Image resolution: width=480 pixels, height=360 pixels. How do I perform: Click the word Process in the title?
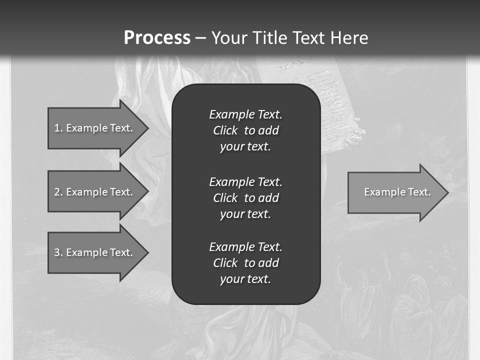click(157, 38)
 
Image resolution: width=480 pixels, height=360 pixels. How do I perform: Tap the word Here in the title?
click(348, 38)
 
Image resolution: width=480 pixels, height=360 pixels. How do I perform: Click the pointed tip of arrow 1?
click(147, 128)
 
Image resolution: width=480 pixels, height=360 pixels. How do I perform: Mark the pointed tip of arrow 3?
click(147, 252)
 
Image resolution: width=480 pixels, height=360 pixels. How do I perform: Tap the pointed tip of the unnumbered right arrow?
click(447, 192)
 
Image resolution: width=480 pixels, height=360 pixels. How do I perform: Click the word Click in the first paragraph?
click(225, 130)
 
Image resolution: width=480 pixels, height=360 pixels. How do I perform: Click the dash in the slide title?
click(201, 38)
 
